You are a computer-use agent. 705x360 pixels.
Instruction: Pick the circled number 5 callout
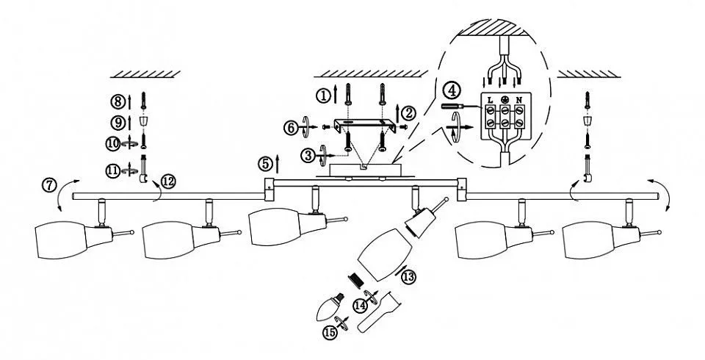(267, 162)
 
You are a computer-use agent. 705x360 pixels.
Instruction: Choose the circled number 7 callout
(49, 185)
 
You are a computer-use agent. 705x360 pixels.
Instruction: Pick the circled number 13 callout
(409, 276)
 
